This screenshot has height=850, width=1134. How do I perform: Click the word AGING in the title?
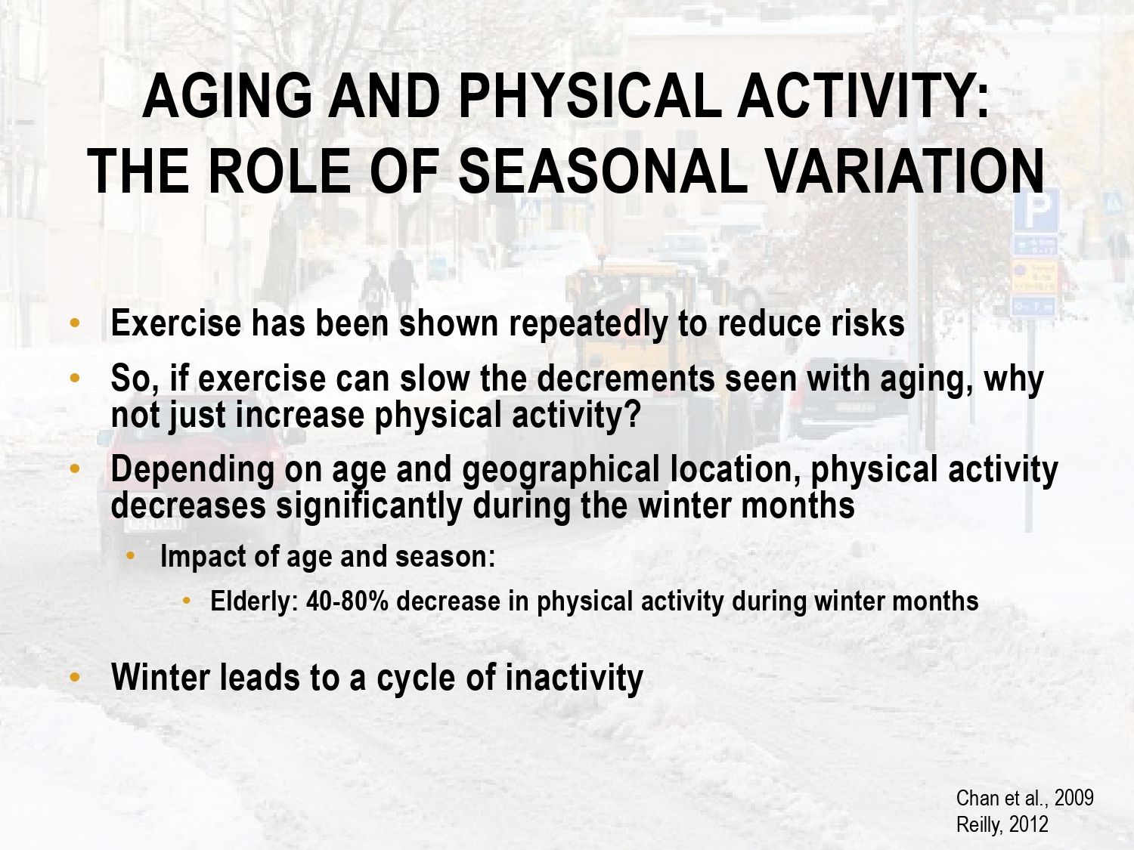[x=228, y=96]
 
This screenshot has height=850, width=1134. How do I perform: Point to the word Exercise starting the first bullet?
[x=175, y=323]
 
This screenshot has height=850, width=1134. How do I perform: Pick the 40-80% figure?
[x=347, y=601]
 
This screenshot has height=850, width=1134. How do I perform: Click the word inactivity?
[x=574, y=678]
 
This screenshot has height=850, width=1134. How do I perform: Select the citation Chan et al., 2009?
[x=1025, y=798]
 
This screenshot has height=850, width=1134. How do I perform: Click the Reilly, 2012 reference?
[x=1002, y=825]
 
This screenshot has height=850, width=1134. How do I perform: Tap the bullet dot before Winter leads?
[x=75, y=677]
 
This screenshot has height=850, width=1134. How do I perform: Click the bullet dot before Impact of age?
[x=130, y=556]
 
